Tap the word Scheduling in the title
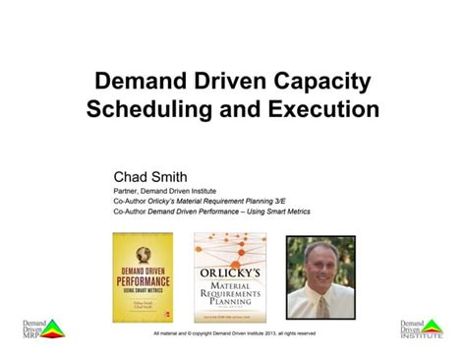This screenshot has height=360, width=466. click(150, 108)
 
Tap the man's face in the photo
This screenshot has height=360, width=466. click(320, 260)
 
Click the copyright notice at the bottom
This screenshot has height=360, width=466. click(234, 332)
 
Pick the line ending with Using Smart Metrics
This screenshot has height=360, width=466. click(209, 210)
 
